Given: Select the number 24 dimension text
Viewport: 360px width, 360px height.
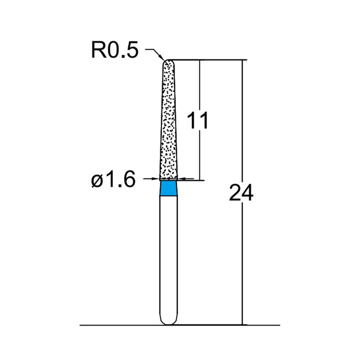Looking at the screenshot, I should point(242,192).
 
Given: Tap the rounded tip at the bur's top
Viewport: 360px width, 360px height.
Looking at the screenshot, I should point(168,63).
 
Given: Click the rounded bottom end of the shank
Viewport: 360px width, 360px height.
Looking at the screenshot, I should point(169,320).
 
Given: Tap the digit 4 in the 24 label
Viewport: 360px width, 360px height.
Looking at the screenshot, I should point(248,192).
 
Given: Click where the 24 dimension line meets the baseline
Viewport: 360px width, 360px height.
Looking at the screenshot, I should point(243,324).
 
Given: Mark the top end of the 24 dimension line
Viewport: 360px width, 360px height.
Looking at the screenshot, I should point(243,60).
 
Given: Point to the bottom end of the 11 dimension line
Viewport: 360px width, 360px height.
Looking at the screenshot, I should point(200,180).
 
